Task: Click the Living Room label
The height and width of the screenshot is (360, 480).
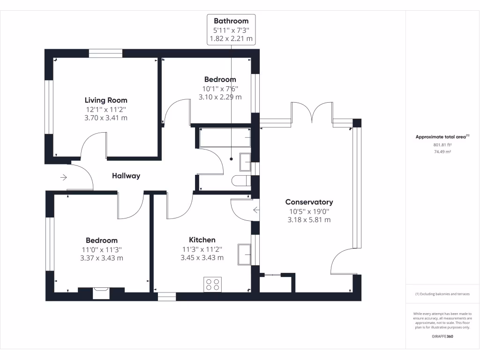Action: [x=105, y=100]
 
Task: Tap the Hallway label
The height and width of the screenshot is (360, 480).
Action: [x=126, y=176]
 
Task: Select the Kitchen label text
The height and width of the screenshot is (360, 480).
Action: [x=202, y=240]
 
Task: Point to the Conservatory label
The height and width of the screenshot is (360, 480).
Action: [x=309, y=202]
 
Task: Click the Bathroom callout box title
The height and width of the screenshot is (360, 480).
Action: [x=231, y=21]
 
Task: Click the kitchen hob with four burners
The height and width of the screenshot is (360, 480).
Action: [x=212, y=285]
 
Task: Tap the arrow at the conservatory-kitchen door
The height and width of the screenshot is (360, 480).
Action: [x=255, y=210]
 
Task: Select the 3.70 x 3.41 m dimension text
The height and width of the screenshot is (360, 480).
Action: [x=105, y=118]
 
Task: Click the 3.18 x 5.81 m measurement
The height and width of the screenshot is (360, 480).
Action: [x=309, y=219]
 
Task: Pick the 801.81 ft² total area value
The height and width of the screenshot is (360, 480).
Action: [x=442, y=145]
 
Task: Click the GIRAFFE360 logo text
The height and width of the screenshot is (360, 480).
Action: [x=442, y=336]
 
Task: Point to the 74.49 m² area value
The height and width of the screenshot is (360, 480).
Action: [x=442, y=151]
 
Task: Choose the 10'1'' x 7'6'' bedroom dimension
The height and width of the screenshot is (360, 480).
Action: [x=220, y=88]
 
